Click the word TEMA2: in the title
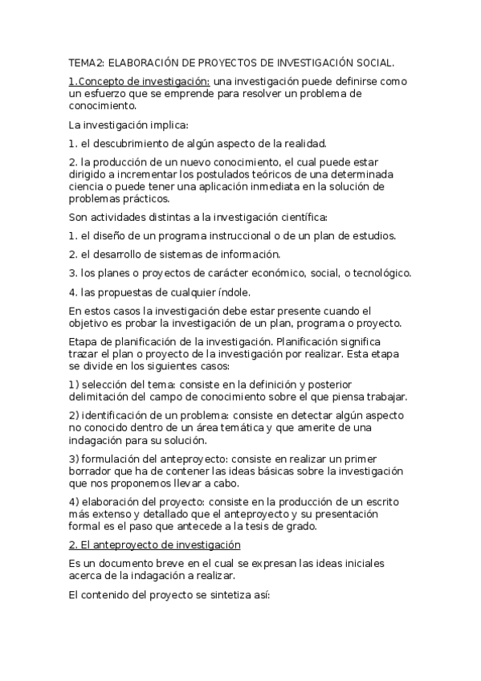click(x=86, y=62)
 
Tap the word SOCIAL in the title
click(x=373, y=62)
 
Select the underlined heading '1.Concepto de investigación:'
click(x=140, y=81)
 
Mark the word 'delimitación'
click(x=101, y=397)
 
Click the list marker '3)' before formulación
click(x=73, y=458)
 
